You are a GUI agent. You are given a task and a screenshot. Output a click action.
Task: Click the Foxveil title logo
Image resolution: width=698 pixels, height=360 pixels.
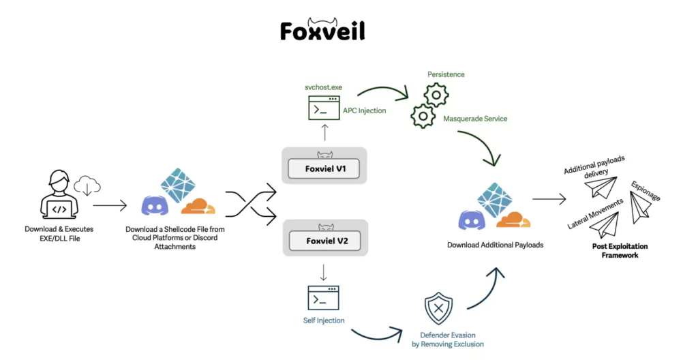322,29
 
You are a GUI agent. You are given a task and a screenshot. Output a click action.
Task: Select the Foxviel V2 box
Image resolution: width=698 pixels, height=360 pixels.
324,241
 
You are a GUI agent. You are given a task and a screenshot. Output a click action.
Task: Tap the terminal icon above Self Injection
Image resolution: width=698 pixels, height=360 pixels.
323,298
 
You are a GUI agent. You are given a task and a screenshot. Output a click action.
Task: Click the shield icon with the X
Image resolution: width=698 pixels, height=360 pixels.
438,309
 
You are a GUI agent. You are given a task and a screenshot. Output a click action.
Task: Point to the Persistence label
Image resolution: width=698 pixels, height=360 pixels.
446,74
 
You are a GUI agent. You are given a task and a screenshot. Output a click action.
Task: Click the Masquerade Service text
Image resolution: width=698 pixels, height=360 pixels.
475,119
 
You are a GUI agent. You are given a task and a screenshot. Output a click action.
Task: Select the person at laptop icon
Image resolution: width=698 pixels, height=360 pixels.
59,197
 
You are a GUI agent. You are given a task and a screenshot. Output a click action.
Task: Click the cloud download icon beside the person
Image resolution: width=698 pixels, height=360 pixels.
87,185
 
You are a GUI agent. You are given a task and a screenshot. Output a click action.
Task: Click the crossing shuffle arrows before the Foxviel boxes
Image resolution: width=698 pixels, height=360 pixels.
250,204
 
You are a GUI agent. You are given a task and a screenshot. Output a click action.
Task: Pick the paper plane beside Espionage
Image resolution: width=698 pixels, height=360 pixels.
642,206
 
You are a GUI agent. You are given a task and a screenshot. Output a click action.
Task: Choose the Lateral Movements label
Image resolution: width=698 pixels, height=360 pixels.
594,214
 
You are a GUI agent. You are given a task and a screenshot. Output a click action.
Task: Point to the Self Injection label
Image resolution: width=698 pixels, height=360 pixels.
323,320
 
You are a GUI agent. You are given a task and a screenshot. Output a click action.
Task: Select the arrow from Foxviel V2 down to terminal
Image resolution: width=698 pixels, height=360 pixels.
323,274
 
